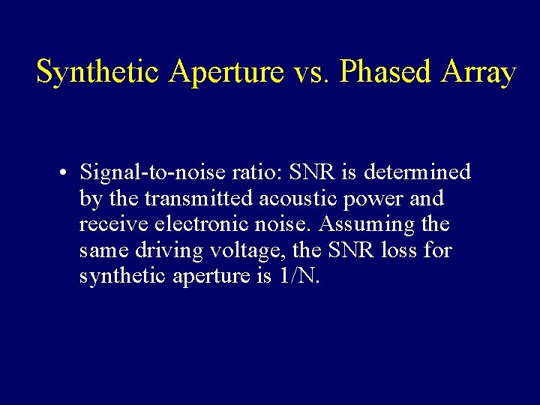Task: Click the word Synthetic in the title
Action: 98,73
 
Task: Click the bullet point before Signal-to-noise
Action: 67,173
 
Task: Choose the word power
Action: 375,199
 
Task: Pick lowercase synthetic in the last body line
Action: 124,276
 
